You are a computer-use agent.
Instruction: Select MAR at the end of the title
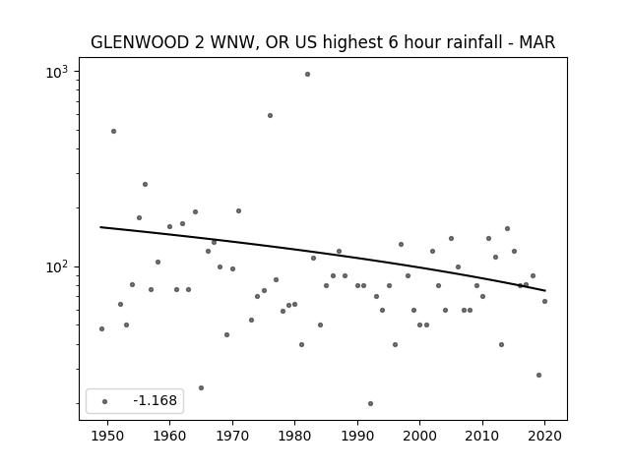[537, 42]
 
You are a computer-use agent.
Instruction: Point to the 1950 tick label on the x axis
[107, 436]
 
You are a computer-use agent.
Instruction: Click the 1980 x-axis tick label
[295, 436]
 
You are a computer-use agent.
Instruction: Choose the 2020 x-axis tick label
[544, 436]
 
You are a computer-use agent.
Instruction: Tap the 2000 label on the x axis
[420, 436]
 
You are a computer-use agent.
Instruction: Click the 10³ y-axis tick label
[57, 72]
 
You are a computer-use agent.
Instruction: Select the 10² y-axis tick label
[57, 266]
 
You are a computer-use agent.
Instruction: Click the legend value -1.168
[155, 400]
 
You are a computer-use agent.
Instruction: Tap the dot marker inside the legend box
[105, 401]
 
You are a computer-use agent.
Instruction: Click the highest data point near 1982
[307, 75]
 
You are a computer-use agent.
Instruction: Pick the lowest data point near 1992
[370, 403]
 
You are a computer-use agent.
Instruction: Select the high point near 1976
[270, 116]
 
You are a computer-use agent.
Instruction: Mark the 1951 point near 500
[114, 131]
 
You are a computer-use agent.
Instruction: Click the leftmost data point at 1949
[101, 328]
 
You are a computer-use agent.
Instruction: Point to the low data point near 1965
[201, 387]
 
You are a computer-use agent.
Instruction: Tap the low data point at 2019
[538, 375]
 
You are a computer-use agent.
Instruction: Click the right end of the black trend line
[544, 290]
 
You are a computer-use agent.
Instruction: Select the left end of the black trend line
[100, 227]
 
